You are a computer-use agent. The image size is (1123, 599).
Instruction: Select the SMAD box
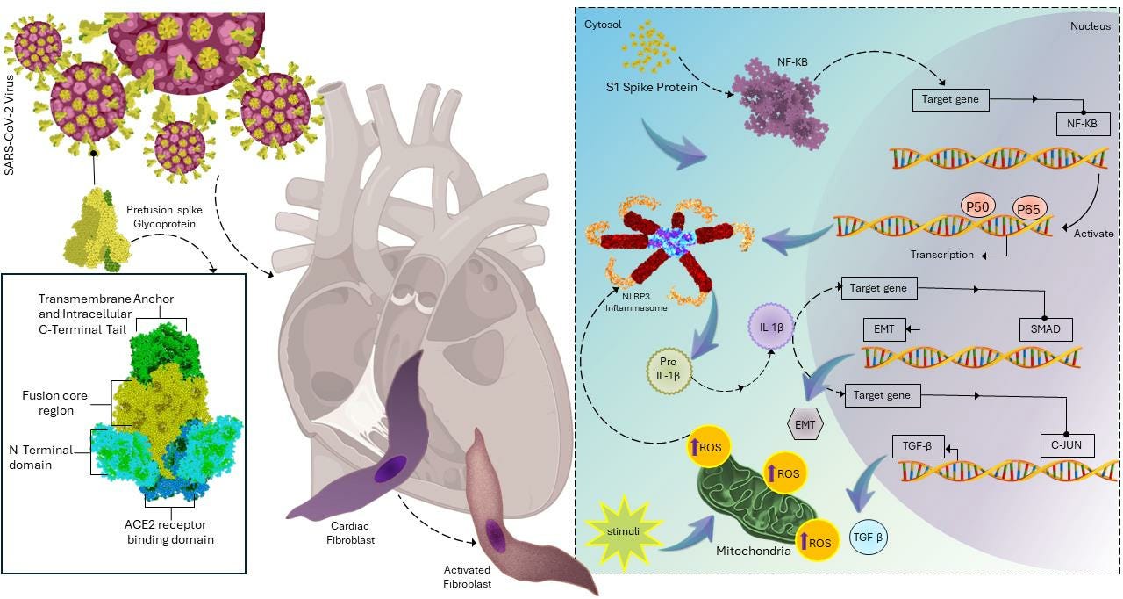(x=1045, y=329)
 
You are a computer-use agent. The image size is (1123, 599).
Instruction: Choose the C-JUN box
(x=1066, y=445)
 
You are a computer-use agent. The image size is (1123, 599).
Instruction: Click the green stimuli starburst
(x=621, y=531)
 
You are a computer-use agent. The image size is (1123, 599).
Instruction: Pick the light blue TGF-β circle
(x=869, y=537)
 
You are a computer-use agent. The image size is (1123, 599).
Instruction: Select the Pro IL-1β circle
(x=669, y=370)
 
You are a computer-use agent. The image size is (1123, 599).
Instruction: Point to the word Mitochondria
(x=753, y=552)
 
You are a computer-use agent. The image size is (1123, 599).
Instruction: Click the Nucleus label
(x=1090, y=26)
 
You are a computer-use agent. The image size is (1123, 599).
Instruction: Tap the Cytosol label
(x=603, y=25)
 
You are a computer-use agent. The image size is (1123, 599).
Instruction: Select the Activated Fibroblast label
(x=467, y=577)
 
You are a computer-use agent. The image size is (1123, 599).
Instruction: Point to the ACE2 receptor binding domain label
(x=168, y=532)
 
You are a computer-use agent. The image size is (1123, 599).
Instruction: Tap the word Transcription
(x=941, y=255)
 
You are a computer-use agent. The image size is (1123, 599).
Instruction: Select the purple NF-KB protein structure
(x=781, y=104)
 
